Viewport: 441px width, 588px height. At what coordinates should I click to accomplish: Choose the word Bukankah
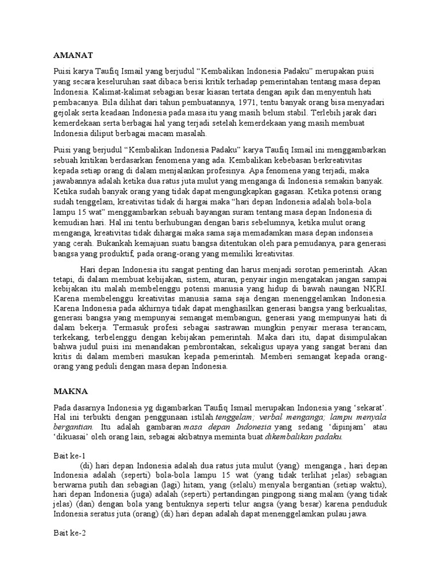[x=95, y=243]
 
